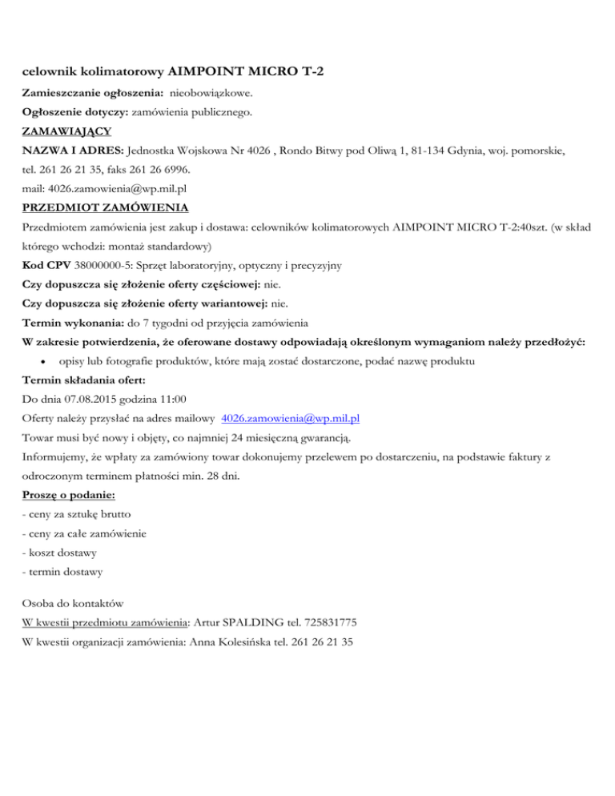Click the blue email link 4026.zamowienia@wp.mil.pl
click(290, 419)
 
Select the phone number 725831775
click(336, 621)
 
